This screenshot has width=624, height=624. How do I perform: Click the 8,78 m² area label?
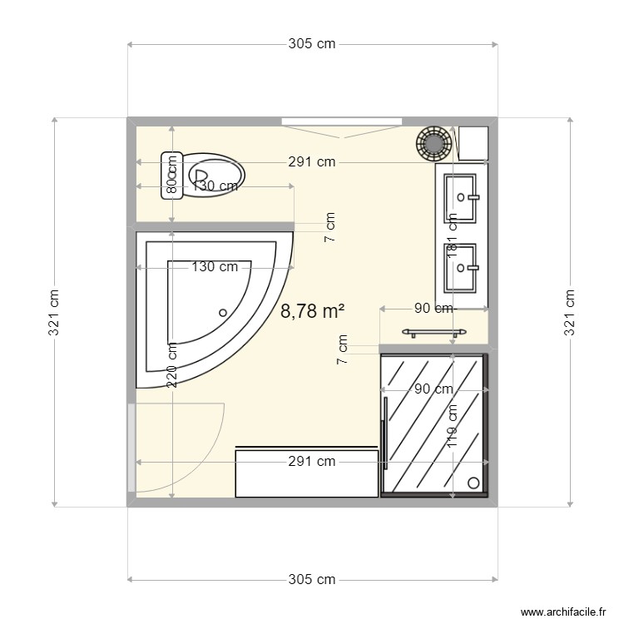312,311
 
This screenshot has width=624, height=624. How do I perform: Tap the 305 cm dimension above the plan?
312,44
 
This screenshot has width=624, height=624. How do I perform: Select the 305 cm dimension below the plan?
312,579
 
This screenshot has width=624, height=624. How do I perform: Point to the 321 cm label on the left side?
54,312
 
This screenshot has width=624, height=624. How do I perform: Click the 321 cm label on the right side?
570,312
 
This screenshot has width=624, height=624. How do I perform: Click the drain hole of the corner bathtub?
222,313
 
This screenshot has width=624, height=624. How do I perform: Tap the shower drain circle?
473,482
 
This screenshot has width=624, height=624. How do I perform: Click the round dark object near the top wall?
433,142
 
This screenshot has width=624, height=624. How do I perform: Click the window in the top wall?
342,122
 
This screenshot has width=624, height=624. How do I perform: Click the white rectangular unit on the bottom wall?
306,473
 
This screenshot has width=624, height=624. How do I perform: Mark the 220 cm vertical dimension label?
171,364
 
